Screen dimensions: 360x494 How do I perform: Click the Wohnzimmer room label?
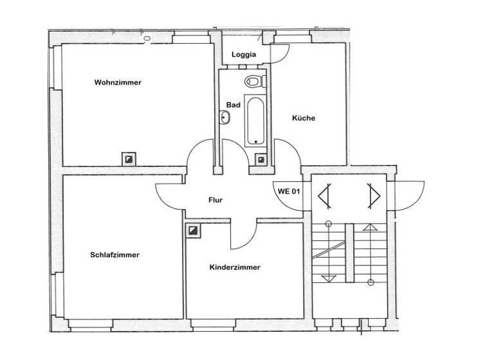[x=118, y=82]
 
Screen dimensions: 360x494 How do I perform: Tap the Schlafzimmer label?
[x=115, y=255]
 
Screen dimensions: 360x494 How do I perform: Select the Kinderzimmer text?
[x=235, y=267]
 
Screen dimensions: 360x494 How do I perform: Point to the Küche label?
[x=304, y=118]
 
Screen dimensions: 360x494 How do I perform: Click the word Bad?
[x=233, y=105]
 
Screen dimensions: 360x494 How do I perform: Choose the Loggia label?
[x=244, y=55]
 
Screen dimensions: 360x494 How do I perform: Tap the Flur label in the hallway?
[x=215, y=200]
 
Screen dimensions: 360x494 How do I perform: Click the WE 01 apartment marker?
[x=289, y=191]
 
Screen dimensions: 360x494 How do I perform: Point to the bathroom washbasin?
[x=225, y=118]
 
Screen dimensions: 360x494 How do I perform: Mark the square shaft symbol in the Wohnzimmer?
[x=129, y=158]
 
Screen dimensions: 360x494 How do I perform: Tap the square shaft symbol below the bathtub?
[x=261, y=158]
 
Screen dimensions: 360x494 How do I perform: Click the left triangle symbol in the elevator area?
[x=326, y=195]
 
